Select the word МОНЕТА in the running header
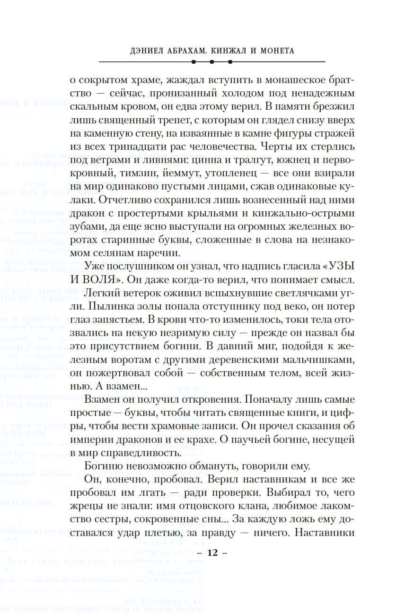tap(276, 51)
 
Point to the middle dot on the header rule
tap(212, 62)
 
